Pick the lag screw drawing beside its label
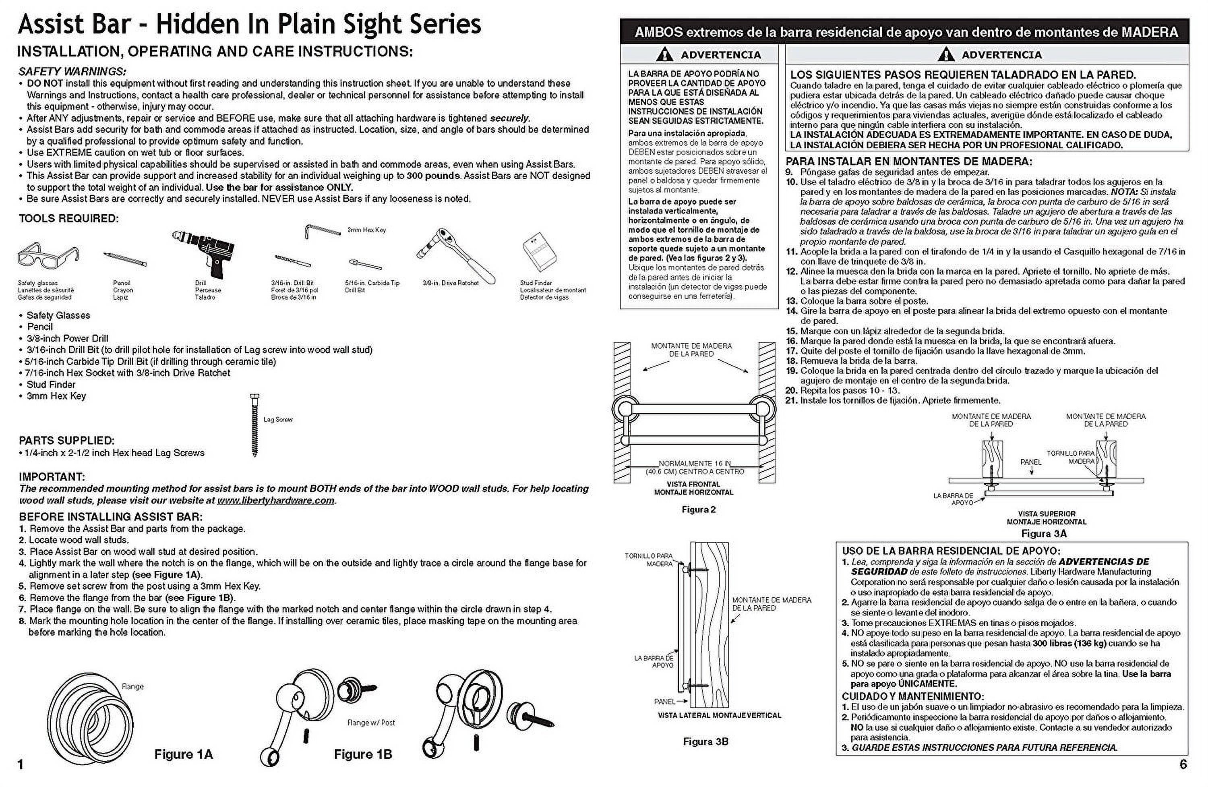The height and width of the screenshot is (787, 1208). (255, 425)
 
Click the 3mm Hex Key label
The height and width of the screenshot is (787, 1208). (366, 230)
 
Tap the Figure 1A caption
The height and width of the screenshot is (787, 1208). (183, 754)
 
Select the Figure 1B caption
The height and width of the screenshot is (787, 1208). (363, 754)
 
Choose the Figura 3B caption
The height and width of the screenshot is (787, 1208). (705, 742)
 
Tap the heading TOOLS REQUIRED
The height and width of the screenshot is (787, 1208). (68, 219)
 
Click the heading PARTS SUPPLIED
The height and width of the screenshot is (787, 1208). (66, 441)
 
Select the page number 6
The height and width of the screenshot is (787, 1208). (1183, 764)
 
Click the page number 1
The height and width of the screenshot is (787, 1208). (21, 765)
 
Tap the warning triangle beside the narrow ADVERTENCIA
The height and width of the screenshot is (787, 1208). (664, 55)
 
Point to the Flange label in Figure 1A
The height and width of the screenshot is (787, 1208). (132, 686)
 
